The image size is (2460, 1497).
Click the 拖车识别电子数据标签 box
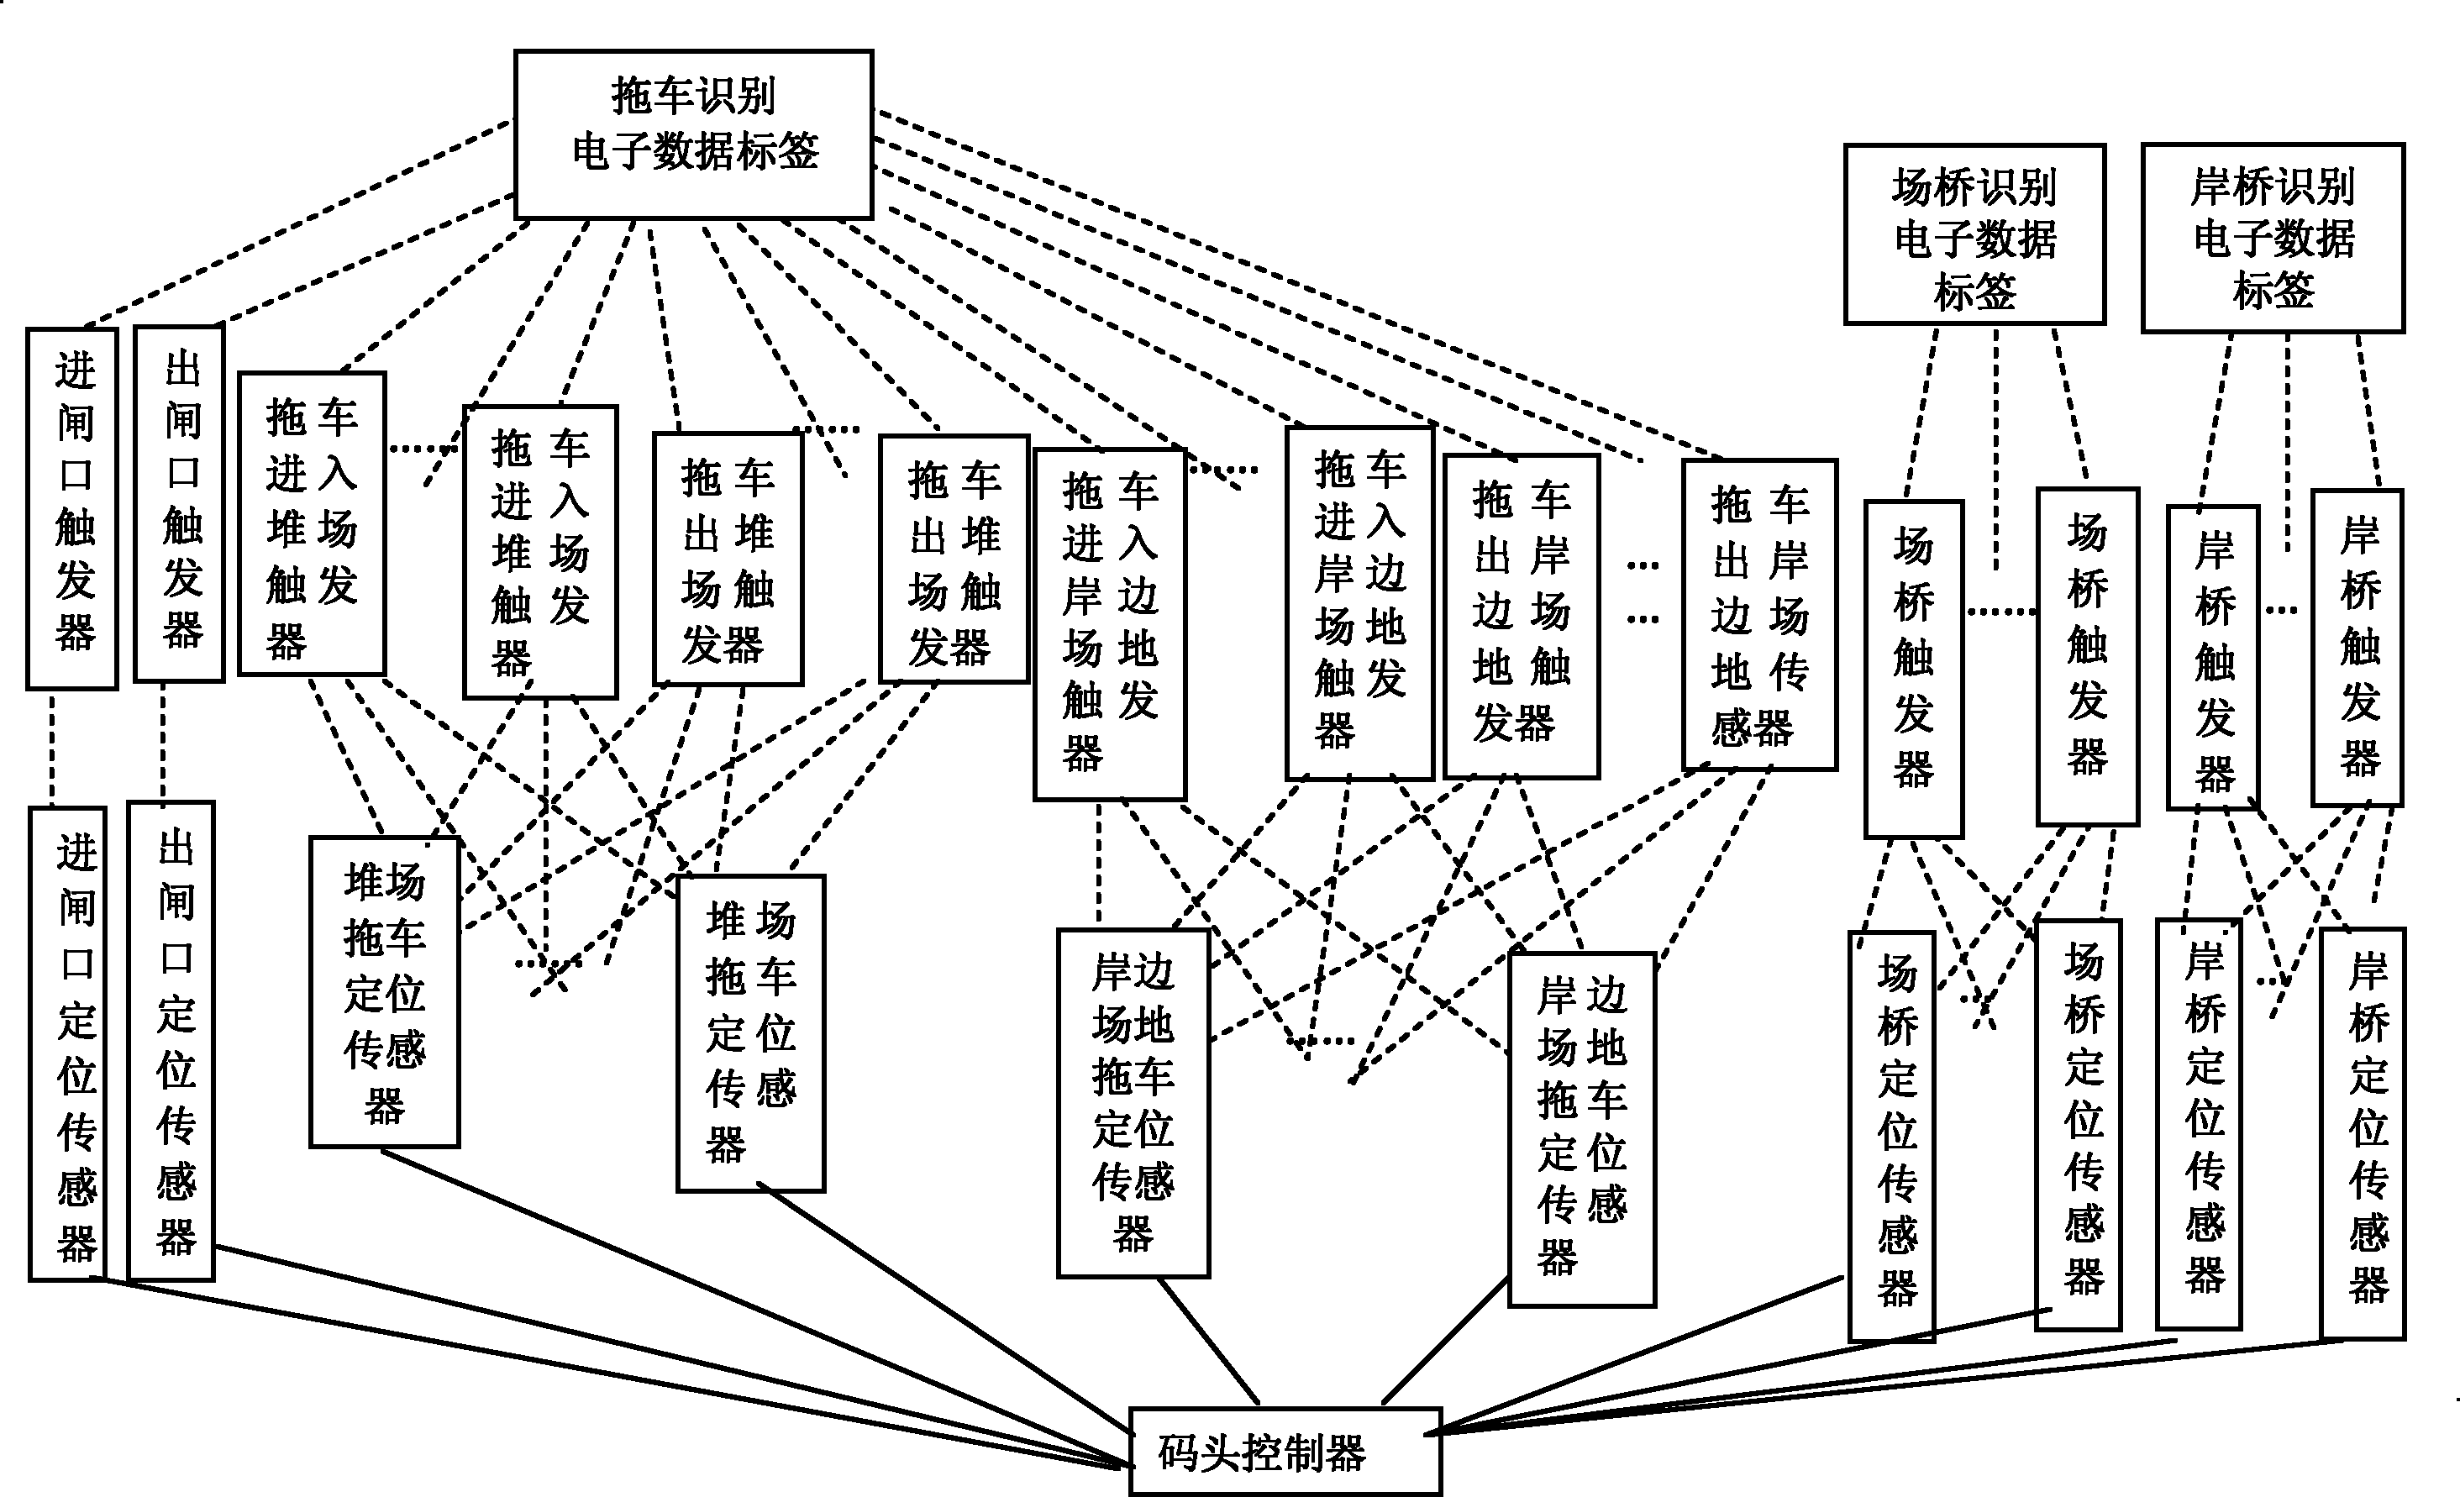click(x=693, y=134)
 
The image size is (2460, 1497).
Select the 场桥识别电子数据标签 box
click(x=1974, y=234)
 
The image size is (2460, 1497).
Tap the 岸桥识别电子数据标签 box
click(x=2273, y=238)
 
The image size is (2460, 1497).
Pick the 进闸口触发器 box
click(x=72, y=508)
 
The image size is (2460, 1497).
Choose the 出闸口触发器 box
click(x=179, y=504)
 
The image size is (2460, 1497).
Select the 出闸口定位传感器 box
click(x=171, y=1040)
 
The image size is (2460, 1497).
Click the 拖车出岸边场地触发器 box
click(x=1521, y=616)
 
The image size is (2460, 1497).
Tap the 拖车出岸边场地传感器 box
click(x=1758, y=615)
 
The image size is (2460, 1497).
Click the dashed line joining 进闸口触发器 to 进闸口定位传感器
click(x=52, y=748)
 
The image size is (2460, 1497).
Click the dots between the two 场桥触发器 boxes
click(x=2000, y=611)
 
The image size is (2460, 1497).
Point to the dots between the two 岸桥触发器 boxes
click(x=2282, y=609)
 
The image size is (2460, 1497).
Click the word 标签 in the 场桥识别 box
click(x=1974, y=292)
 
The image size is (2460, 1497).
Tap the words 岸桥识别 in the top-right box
click(x=2273, y=186)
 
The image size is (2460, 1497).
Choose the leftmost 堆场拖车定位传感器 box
click(x=385, y=992)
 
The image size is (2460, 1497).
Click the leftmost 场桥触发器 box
click(x=1913, y=669)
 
